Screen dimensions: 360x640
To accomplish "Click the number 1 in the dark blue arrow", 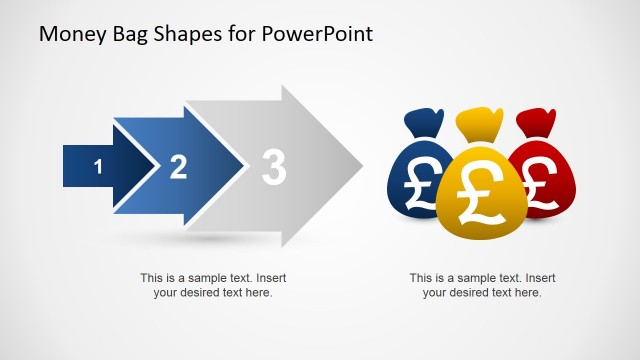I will [x=98, y=167].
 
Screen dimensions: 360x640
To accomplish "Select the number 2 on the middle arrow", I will [x=178, y=167].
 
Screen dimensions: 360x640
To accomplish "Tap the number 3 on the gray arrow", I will [x=273, y=167].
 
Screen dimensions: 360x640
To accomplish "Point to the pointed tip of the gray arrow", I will [x=361, y=165].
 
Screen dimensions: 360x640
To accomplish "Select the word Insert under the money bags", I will [x=539, y=278].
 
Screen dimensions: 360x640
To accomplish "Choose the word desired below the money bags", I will [x=473, y=293].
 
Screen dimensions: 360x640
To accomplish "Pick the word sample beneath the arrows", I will [x=204, y=278].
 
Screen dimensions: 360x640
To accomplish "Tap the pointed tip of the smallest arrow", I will [x=157, y=166].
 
